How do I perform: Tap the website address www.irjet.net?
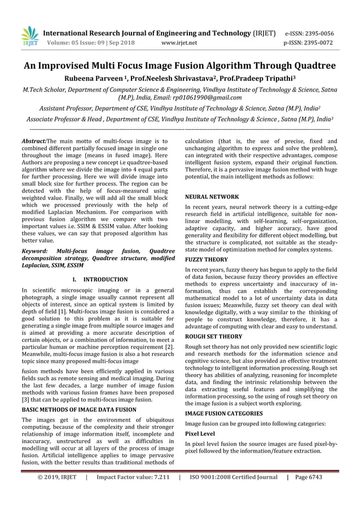[179, 42]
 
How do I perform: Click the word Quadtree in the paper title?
[311, 66]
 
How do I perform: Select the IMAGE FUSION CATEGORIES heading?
[224, 413]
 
